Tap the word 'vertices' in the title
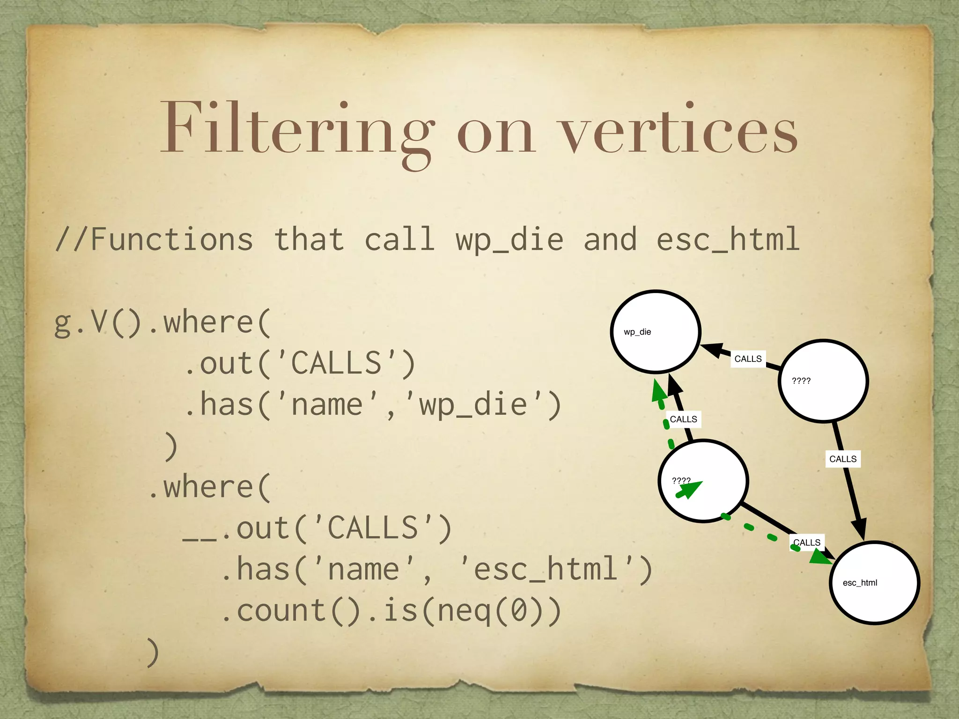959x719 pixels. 679,129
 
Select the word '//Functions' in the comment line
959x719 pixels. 155,239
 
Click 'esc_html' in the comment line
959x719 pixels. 728,239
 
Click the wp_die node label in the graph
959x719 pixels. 637,332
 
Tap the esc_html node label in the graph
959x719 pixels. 860,583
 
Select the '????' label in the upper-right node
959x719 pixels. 801,381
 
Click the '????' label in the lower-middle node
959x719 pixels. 681,481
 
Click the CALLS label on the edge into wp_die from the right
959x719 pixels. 748,359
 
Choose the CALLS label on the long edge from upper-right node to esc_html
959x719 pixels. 843,459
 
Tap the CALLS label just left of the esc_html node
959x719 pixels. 807,543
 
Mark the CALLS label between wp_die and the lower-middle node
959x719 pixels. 683,419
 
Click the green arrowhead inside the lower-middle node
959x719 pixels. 689,489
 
